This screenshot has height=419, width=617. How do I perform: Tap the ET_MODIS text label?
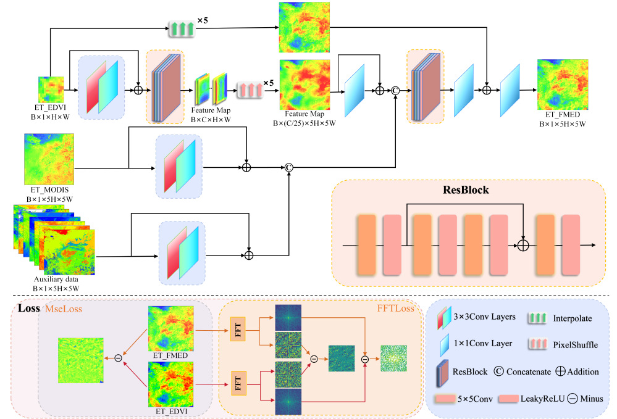(x=50, y=192)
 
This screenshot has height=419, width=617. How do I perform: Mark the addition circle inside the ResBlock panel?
(x=524, y=246)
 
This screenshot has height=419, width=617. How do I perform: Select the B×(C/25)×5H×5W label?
(x=306, y=123)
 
